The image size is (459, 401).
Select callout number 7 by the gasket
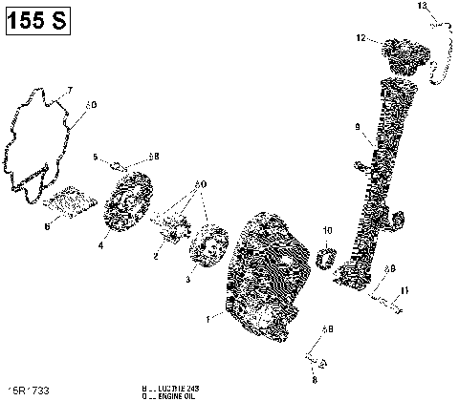69,92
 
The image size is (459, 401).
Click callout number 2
156,256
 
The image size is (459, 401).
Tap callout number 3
188,282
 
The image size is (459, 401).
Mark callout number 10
327,231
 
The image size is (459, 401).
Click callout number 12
361,38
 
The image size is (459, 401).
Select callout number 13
423,7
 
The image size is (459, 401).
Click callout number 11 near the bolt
405,289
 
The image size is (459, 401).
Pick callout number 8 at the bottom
312,378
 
